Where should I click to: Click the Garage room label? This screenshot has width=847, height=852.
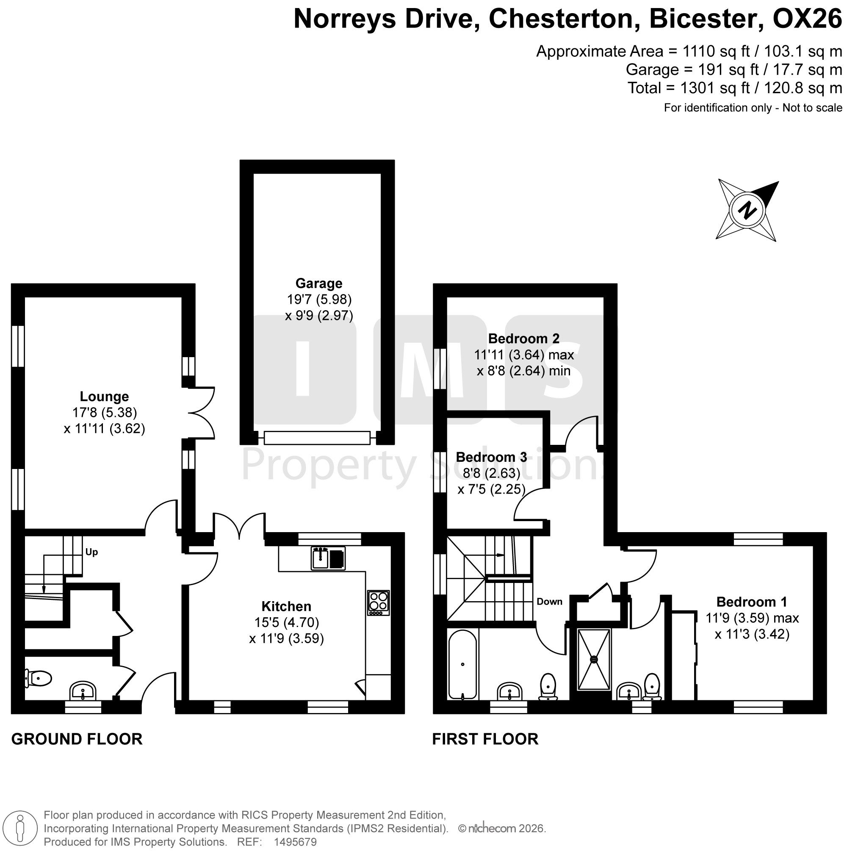coord(318,283)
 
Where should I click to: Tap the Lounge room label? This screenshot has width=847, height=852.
coord(104,397)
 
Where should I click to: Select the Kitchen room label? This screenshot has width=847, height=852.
coord(286,606)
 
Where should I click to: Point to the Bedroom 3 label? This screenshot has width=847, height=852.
coord(491,457)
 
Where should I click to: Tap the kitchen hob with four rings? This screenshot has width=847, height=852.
coord(379,603)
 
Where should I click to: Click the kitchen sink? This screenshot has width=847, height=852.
coord(328,558)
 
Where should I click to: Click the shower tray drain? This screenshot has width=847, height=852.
coord(594,659)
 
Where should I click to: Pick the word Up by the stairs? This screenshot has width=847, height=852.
coord(92,552)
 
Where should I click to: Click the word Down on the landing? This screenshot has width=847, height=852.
coord(549,602)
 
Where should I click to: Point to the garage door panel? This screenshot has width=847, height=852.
coord(317,438)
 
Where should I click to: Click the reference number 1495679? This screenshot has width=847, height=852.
coord(295,841)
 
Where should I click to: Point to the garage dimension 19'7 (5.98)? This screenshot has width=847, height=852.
coord(319,300)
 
